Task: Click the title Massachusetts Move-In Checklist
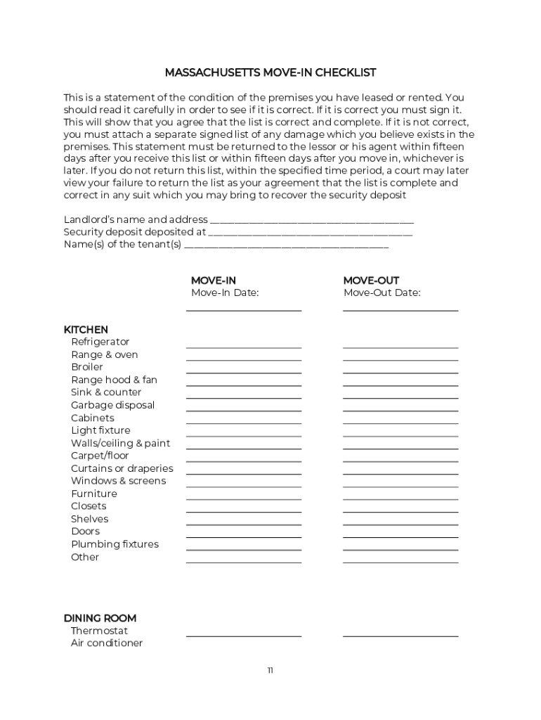click(x=270, y=72)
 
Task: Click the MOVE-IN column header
click(x=214, y=280)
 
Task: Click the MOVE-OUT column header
click(x=371, y=280)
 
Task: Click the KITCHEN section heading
click(x=86, y=329)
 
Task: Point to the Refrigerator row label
click(x=100, y=342)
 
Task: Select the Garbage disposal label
click(x=112, y=405)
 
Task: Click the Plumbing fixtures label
click(x=115, y=544)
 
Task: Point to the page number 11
click(x=270, y=670)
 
